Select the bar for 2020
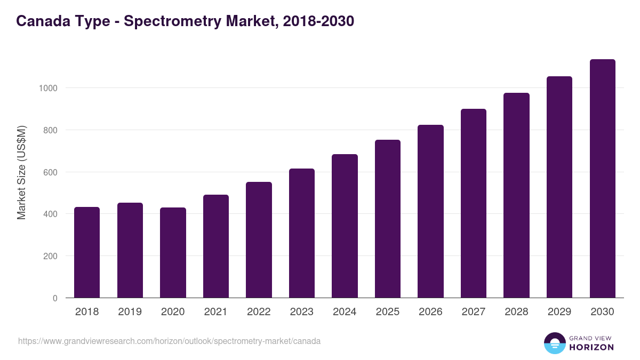pos(173,253)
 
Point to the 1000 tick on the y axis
pos(48,88)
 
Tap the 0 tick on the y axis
pos(54,298)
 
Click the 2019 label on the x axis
pos(130,312)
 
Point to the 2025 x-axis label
pos(387,312)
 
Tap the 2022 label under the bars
pos(259,312)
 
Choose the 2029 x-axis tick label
pos(559,312)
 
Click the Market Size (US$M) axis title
pos(21,172)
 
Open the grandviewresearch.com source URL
pos(169,341)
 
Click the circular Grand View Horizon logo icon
pos(554,343)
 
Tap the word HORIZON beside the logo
pos(591,347)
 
